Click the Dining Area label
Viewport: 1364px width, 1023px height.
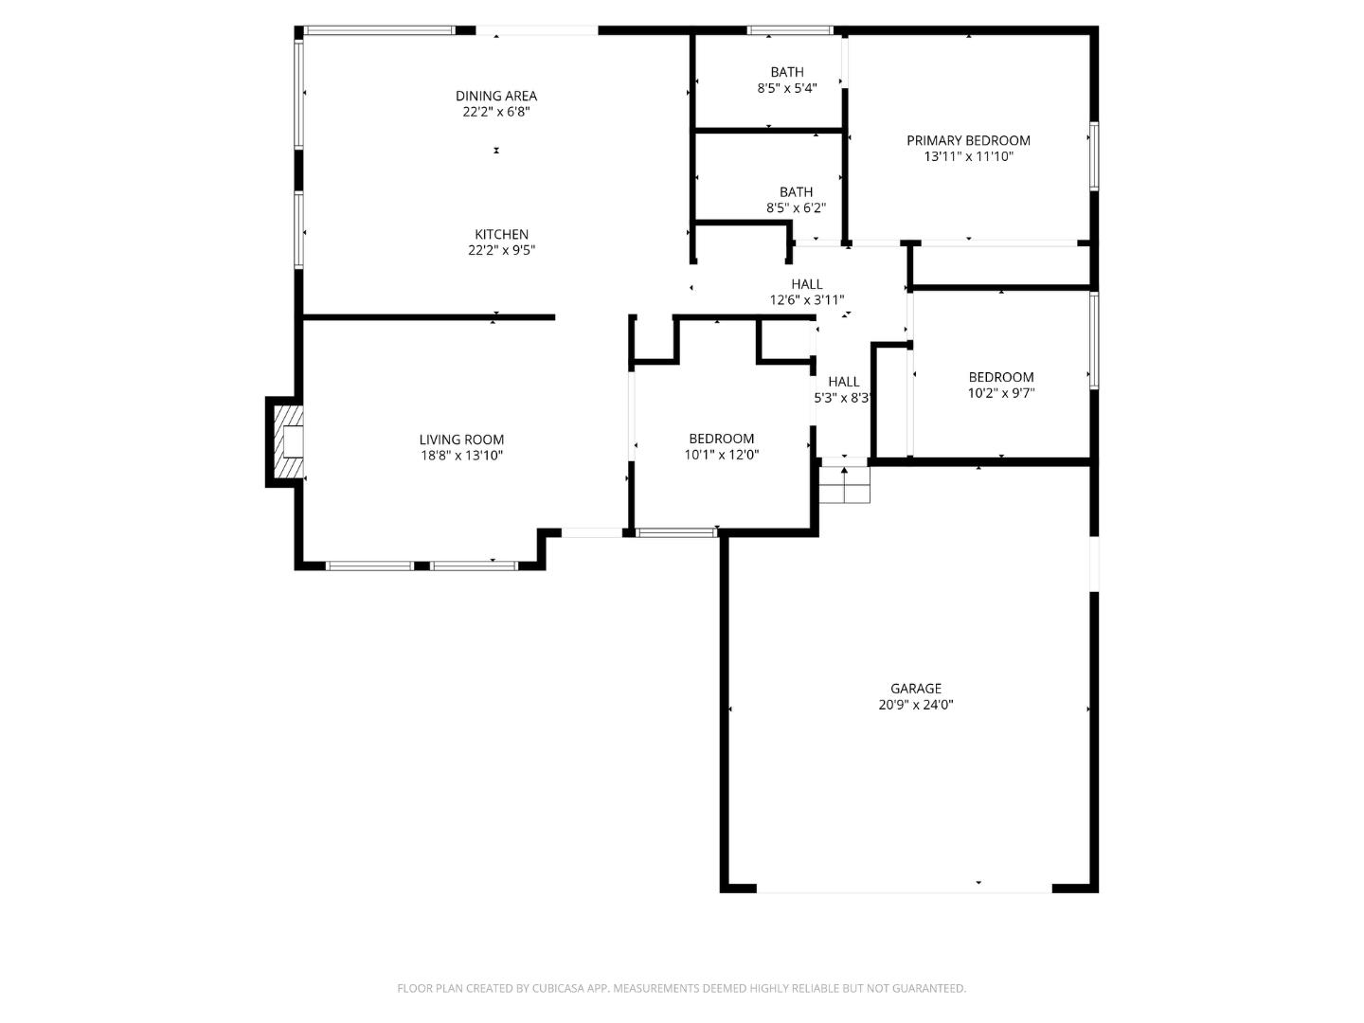496,96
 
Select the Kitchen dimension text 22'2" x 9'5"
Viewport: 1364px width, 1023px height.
501,251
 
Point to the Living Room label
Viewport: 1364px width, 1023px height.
461,440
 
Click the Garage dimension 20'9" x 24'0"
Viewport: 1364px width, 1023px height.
915,705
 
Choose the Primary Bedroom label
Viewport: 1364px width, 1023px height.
968,140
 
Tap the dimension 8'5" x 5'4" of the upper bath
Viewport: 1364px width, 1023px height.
786,88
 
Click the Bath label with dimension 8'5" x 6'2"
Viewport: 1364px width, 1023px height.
796,192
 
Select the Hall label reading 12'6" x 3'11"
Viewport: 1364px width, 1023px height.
807,284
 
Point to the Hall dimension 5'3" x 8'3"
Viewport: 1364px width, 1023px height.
842,399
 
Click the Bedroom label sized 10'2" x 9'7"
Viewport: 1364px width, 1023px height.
1000,377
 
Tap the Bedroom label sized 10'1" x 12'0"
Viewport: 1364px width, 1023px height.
721,439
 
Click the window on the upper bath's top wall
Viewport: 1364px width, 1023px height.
789,30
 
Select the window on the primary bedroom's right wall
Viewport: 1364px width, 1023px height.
1094,156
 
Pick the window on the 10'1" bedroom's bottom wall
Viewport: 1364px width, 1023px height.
676,533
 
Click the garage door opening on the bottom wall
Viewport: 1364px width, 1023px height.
904,889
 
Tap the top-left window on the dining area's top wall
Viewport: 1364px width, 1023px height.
379,30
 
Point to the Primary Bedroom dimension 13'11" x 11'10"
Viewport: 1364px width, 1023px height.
968,157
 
